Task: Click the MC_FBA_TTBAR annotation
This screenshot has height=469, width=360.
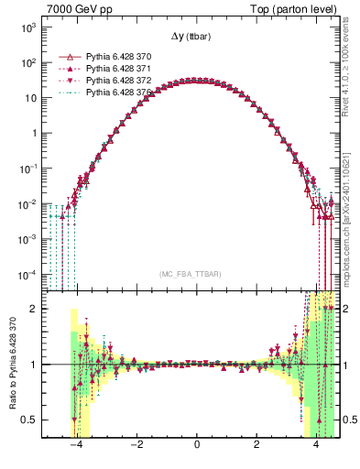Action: click(x=190, y=274)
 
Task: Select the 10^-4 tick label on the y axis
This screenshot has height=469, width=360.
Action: click(x=28, y=274)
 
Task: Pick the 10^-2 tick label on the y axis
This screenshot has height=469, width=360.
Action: click(x=28, y=203)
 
